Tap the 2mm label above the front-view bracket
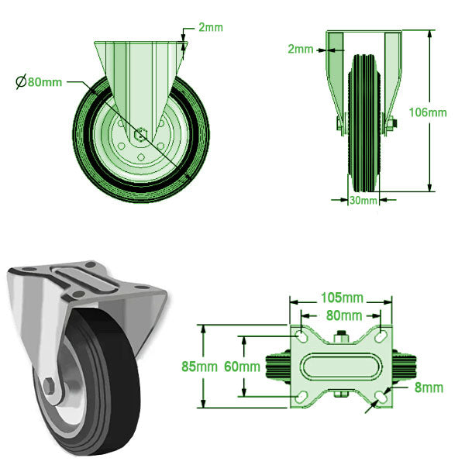pos(210,28)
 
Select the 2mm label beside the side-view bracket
pos(301,49)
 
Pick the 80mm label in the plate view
pos(342,315)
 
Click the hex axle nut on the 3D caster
pos(47,387)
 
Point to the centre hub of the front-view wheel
pos(139,133)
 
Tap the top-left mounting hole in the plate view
pos(300,336)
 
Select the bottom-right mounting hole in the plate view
pos(381,396)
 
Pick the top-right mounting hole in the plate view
pos(381,336)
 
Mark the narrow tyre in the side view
pos(363,124)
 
